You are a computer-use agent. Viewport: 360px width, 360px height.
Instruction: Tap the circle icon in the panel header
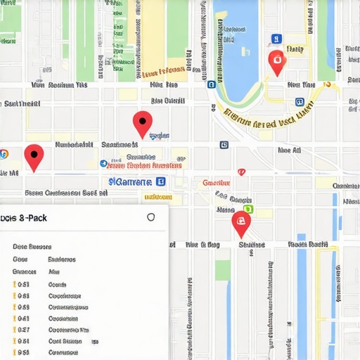tap(150, 217)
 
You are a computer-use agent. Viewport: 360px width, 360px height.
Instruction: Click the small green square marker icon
tap(247, 209)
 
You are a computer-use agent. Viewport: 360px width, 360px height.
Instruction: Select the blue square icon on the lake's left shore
tap(211, 84)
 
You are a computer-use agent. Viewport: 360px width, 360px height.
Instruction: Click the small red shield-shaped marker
tap(241, 172)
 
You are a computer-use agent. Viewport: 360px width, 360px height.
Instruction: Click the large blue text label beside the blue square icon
tap(131, 182)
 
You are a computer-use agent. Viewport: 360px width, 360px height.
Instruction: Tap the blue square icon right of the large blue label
tap(161, 181)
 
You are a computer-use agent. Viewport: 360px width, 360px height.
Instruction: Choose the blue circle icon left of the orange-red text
tap(103, 164)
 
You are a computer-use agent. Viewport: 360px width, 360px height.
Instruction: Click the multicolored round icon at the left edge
tap(4, 153)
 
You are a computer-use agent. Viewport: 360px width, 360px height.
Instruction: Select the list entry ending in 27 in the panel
tap(23, 330)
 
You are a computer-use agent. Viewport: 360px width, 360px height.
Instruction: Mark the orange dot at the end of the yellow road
tap(326, 84)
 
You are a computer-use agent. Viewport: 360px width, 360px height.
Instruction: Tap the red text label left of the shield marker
tap(216, 183)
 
